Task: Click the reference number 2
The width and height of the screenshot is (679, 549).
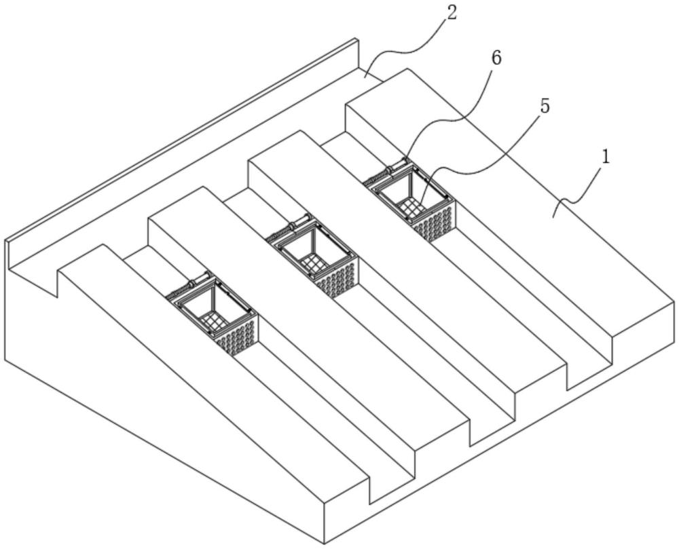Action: [452, 13]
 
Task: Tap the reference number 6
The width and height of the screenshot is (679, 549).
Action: [496, 58]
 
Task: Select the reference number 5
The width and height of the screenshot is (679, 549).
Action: [545, 106]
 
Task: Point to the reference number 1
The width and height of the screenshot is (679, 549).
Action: [606, 157]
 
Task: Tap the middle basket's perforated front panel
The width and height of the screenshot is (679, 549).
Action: [337, 277]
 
